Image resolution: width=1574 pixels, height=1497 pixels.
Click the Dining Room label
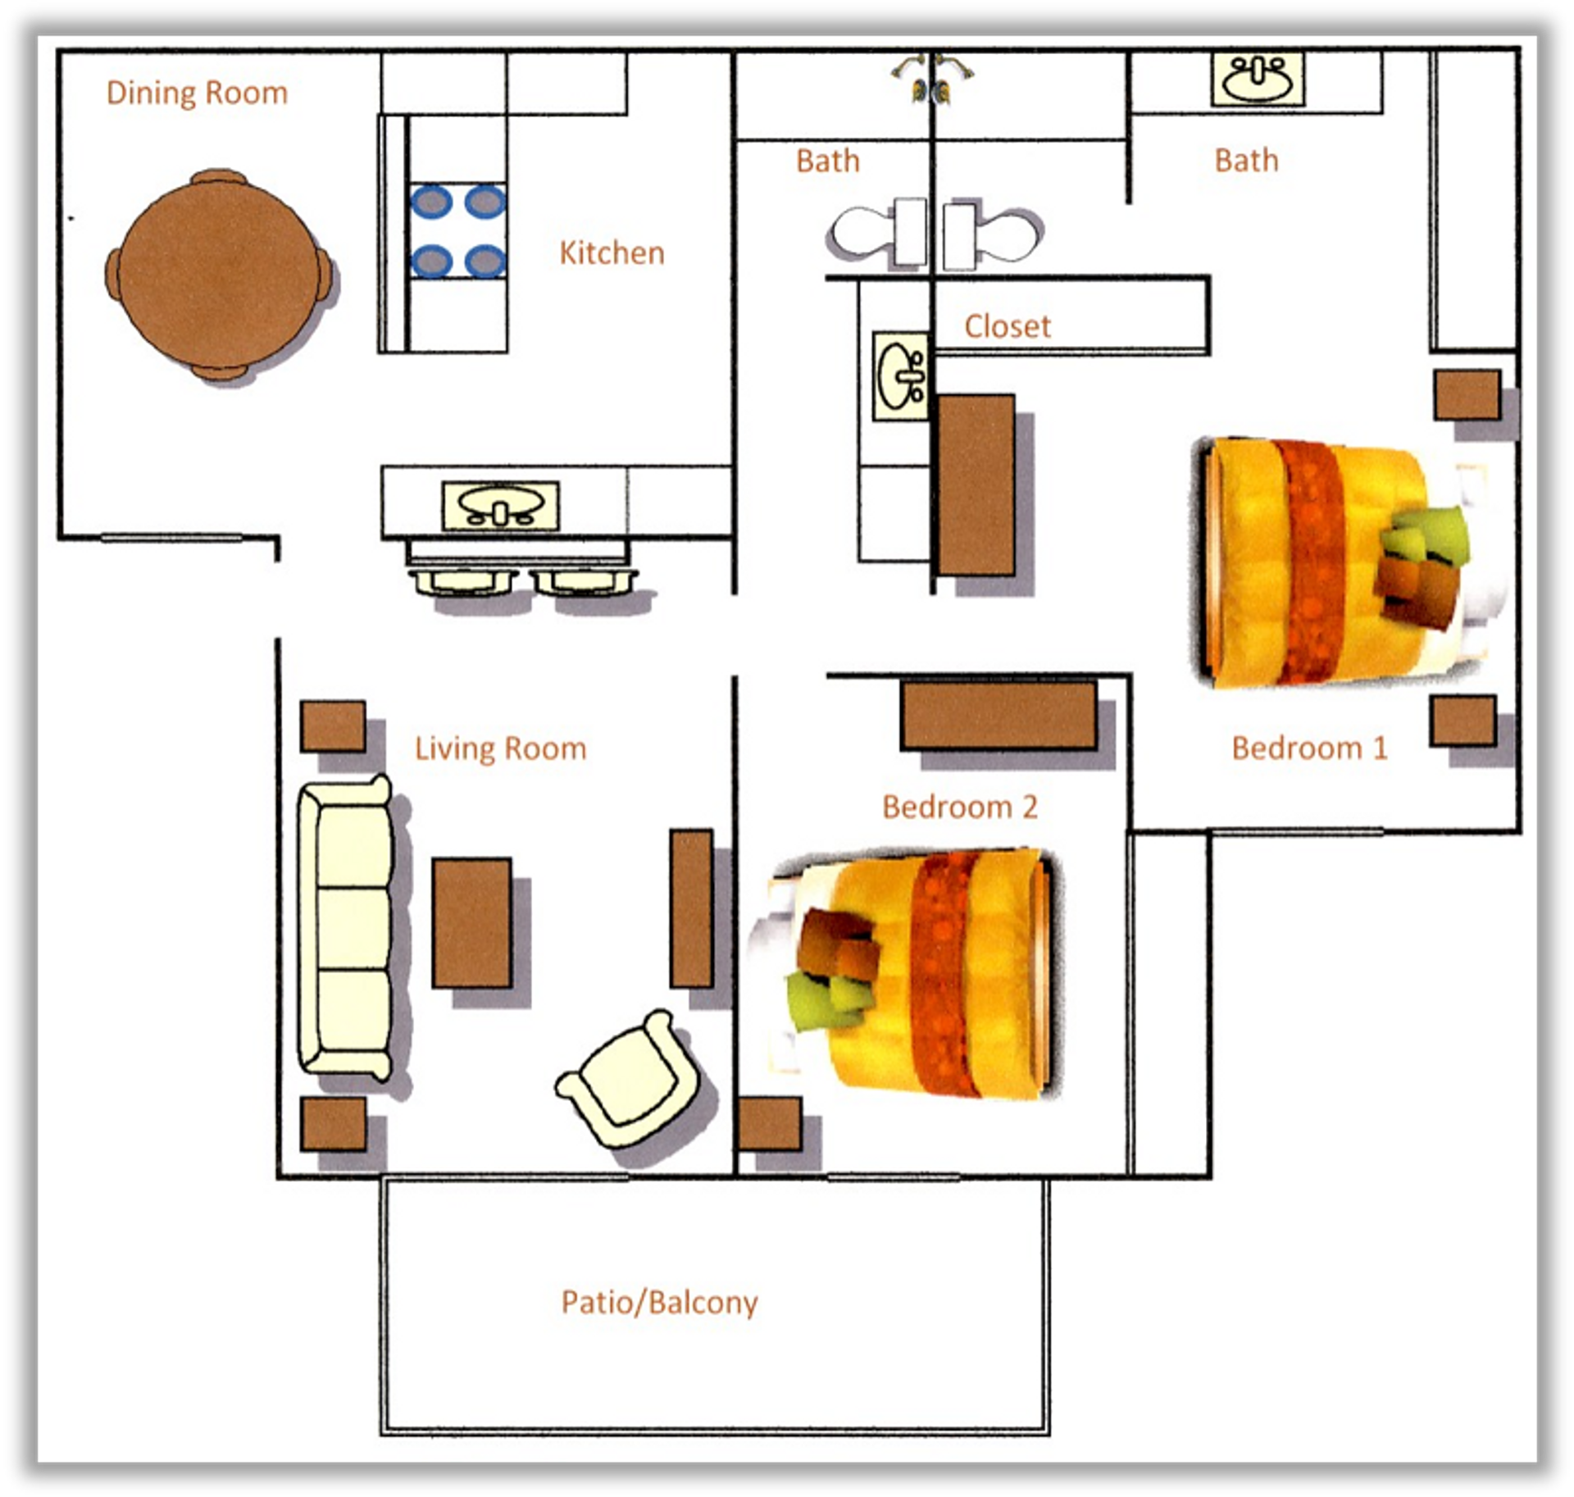pyautogui.click(x=197, y=93)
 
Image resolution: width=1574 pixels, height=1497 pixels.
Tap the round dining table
pyautogui.click(x=220, y=275)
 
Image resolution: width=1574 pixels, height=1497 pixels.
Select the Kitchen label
pyautogui.click(x=612, y=253)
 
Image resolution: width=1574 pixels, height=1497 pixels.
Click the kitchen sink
pyautogui.click(x=501, y=506)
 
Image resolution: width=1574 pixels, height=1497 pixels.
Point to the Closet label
pyautogui.click(x=1007, y=327)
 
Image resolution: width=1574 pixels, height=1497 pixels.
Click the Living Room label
pyautogui.click(x=500, y=748)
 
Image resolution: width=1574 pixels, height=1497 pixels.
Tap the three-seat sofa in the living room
pyautogui.click(x=345, y=926)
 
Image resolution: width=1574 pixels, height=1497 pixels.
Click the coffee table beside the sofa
pyautogui.click(x=472, y=922)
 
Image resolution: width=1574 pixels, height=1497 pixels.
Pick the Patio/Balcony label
pyautogui.click(x=659, y=1302)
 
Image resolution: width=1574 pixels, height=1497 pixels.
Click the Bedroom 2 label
pyautogui.click(x=959, y=808)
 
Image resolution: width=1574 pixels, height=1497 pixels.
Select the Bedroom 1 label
pyautogui.click(x=1309, y=748)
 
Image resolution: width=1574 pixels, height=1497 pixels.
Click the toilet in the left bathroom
pyautogui.click(x=877, y=234)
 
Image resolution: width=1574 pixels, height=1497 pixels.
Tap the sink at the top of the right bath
pyautogui.click(x=1258, y=80)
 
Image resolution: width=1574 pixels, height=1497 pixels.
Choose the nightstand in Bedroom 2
pyautogui.click(x=769, y=1124)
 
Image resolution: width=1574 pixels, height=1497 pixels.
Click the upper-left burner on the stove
pyautogui.click(x=432, y=202)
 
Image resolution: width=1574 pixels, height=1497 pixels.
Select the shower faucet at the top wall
pyautogui.click(x=932, y=80)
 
